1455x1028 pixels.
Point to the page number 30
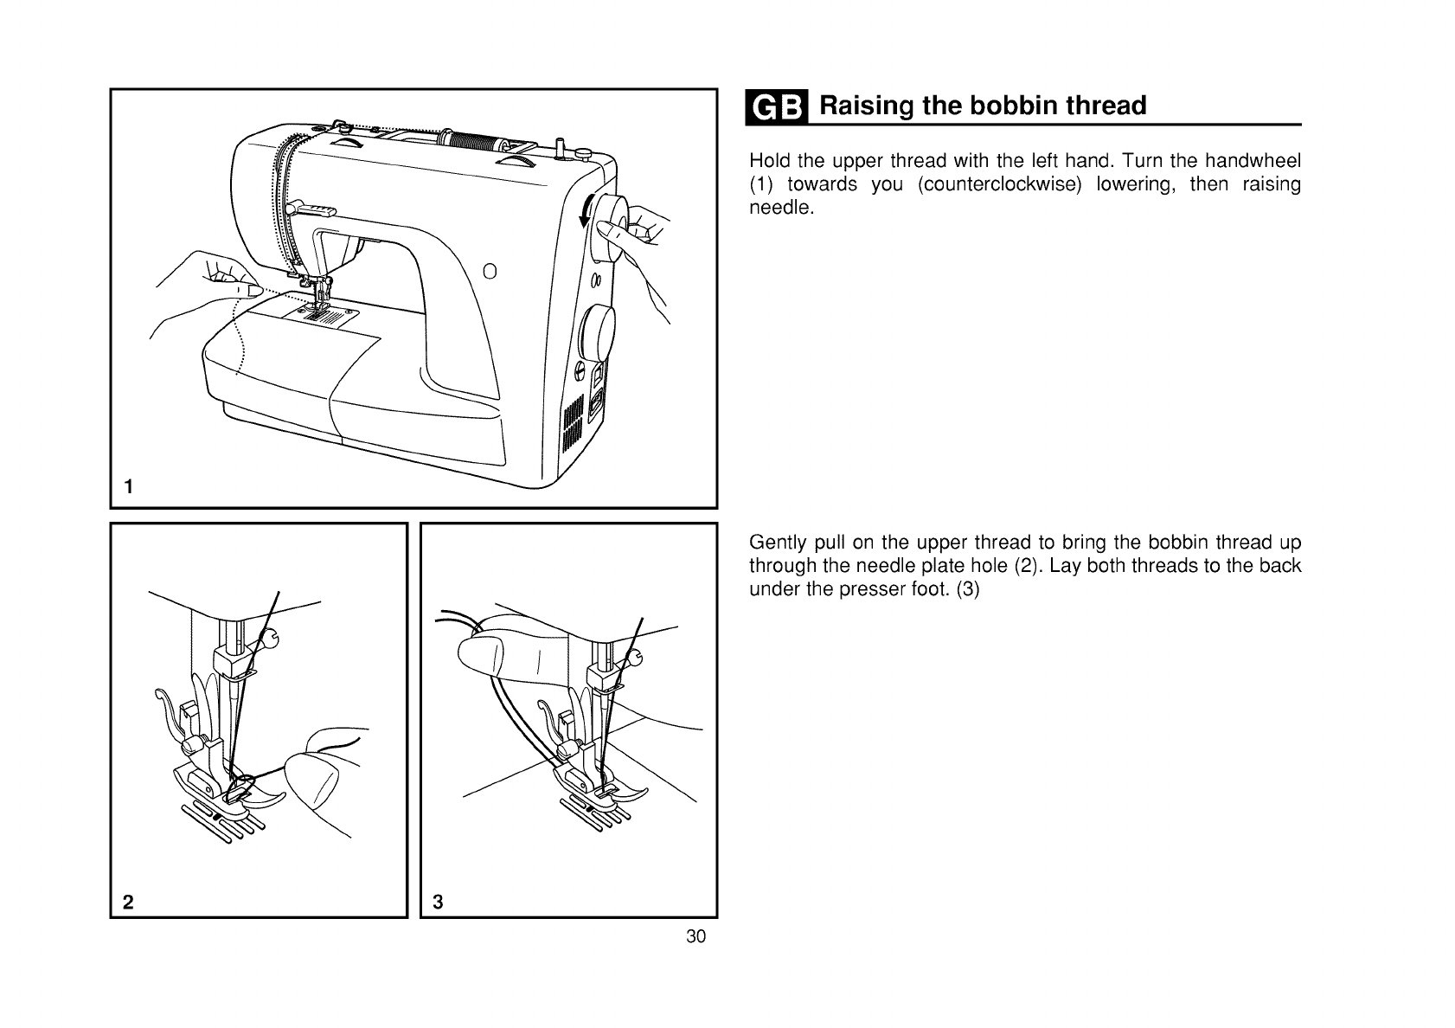pos(696,936)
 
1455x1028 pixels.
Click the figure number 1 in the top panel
pos(128,486)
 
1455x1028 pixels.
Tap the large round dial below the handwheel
pos(598,333)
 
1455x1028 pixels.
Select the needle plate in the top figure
pos(327,319)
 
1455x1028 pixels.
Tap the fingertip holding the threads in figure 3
pos(484,650)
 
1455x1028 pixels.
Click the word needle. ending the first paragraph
pos(781,209)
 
